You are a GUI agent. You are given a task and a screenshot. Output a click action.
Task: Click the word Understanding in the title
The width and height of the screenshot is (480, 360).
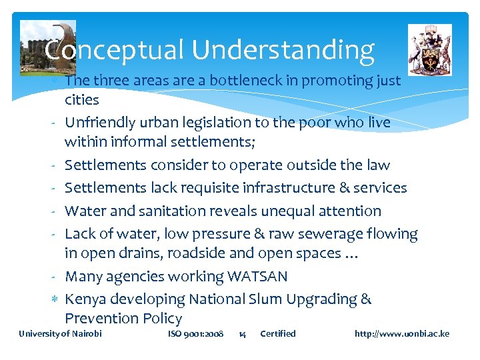[x=283, y=50]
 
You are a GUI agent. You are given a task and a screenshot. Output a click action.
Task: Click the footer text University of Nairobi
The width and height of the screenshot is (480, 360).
[x=61, y=333]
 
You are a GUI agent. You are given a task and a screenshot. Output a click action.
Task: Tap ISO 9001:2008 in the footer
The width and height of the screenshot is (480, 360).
[x=195, y=333]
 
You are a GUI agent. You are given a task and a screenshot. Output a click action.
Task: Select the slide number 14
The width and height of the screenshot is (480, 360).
[x=242, y=333]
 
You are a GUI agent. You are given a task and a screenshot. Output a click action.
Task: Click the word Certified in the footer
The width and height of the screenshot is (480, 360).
[x=277, y=333]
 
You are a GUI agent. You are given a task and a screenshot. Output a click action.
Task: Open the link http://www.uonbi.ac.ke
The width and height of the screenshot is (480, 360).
[x=402, y=333]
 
